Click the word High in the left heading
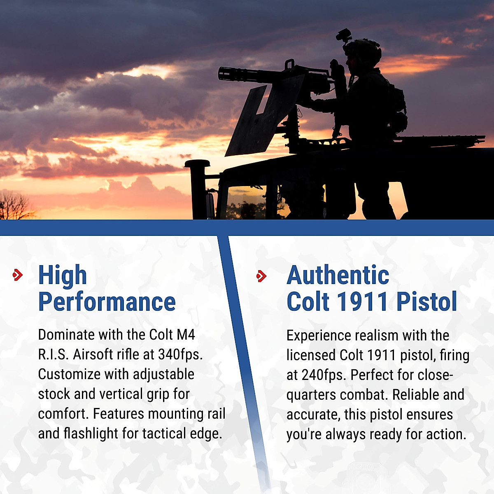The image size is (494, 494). point(63,275)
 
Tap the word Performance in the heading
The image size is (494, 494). point(107,302)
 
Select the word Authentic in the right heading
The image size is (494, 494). point(338,275)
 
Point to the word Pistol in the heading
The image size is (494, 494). point(426,302)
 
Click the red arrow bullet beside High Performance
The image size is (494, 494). point(18,275)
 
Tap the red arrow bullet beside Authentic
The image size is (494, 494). point(261,276)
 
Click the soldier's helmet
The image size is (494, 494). point(364,49)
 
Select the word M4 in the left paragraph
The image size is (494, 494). point(186,335)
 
